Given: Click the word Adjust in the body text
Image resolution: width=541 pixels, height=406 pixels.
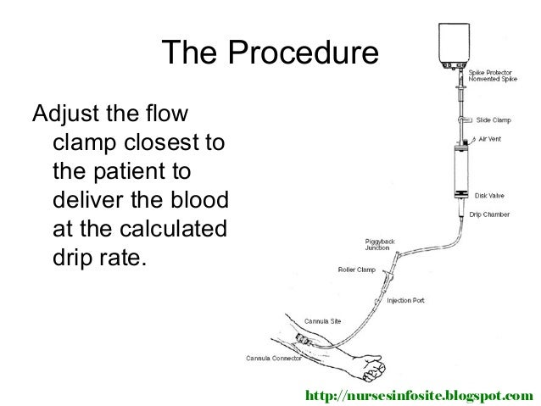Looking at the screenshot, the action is tap(67, 113).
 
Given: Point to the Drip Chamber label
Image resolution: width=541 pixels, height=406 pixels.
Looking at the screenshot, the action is tap(490, 214).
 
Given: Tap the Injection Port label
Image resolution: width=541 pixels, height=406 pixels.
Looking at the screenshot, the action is tap(407, 300).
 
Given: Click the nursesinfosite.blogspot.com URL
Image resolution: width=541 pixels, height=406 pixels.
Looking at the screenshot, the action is tap(421, 395).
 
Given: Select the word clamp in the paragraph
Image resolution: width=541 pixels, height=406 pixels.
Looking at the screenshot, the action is tap(88, 142).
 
